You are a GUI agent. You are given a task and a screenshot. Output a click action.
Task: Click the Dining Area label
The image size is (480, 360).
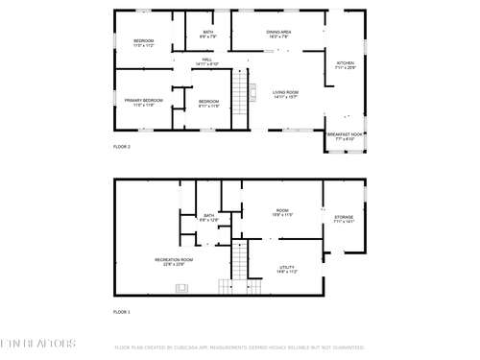278,35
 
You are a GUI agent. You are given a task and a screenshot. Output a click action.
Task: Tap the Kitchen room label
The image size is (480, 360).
345,66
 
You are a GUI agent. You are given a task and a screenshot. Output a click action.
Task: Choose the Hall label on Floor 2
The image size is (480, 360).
206,62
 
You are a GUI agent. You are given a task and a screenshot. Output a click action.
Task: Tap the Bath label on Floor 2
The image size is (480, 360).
208,35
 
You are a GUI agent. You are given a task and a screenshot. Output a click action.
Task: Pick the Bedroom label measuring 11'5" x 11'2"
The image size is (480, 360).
143,42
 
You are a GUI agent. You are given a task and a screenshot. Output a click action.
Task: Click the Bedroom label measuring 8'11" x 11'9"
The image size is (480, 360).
208,103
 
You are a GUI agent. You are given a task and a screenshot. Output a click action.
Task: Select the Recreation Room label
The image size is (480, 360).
174,261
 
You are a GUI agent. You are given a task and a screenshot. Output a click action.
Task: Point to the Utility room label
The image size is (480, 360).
287,269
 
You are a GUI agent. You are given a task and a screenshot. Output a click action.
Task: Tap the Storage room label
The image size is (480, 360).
344,219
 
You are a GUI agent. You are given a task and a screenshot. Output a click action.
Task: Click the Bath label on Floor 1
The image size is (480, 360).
208,218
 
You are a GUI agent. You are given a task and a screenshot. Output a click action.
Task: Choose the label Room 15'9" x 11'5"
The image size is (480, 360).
282,212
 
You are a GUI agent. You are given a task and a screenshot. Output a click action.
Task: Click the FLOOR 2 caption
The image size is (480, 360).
122,147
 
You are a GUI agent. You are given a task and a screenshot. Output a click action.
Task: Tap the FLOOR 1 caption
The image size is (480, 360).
122,313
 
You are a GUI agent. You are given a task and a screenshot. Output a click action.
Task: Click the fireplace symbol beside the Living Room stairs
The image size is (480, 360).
254,90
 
